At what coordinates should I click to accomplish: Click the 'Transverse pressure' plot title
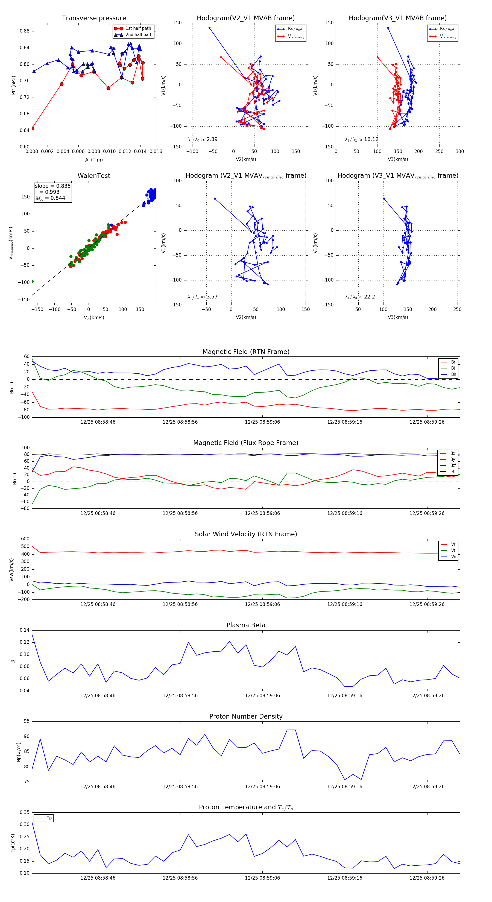point(94,18)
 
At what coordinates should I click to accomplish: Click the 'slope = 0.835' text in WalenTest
point(52,186)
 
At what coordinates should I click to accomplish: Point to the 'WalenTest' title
point(94,176)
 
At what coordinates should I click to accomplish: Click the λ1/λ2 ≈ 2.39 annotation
point(202,139)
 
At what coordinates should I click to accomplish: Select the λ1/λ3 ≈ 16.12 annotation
point(361,139)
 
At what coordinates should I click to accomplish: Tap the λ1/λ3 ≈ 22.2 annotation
point(360,297)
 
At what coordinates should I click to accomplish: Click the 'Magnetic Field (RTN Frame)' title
point(246,352)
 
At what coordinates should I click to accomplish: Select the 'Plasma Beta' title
point(246,625)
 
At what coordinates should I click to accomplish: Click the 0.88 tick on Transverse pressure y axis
point(25,31)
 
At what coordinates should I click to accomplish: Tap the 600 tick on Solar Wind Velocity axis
point(25,539)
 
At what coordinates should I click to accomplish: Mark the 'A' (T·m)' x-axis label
point(94,160)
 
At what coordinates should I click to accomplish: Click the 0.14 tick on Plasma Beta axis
point(25,630)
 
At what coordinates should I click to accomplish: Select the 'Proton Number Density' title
point(246,716)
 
